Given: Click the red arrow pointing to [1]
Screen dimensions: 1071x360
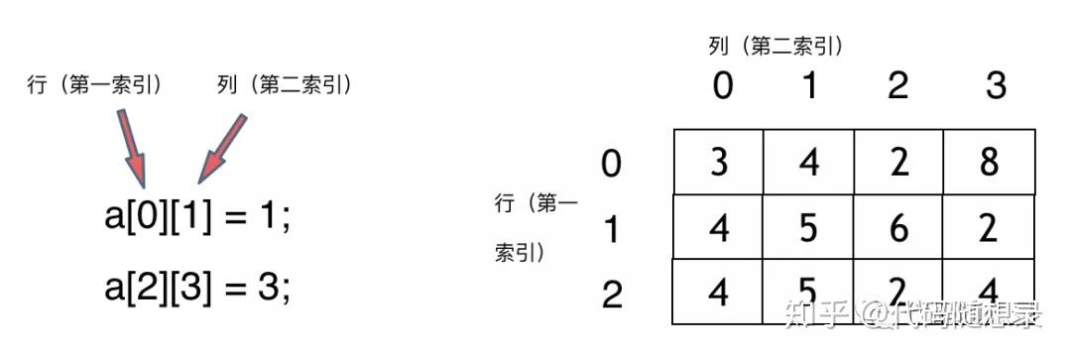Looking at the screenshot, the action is coord(222,149).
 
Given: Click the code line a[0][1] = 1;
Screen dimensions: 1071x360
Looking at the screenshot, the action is coord(198,218).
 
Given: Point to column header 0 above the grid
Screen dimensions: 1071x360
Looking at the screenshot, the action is coord(723,87).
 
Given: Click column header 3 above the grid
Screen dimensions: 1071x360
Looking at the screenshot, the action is coord(996,87).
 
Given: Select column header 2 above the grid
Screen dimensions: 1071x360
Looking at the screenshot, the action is coord(898,87).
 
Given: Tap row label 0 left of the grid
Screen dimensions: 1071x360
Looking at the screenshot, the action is coord(612,162).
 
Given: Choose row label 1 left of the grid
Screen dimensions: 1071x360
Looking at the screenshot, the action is coord(612,229).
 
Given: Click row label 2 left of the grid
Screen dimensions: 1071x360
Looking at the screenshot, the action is coord(612,294).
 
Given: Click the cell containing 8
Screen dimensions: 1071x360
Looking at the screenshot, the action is coord(989,162).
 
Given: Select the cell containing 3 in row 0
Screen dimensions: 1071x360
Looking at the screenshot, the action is coord(719,162).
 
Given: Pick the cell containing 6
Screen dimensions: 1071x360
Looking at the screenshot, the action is coord(898,227).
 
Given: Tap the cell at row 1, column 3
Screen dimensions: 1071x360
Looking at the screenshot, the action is coord(989,227).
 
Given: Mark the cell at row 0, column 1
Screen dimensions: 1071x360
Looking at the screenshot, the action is coord(809,162).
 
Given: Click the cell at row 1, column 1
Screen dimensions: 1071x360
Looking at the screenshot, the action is coord(809,227).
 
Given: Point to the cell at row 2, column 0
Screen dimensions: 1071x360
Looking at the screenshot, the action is coord(719,292).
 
